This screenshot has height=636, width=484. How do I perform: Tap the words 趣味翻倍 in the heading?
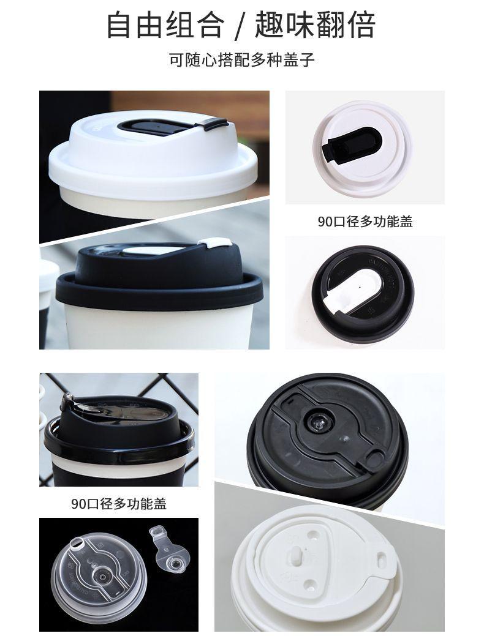(x=319, y=25)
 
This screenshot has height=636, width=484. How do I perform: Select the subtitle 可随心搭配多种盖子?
(x=242, y=61)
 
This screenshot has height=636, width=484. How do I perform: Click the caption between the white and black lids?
(x=365, y=222)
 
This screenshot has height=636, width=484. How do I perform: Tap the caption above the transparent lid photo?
(x=119, y=504)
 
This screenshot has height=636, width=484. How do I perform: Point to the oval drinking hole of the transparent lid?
(x=78, y=542)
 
